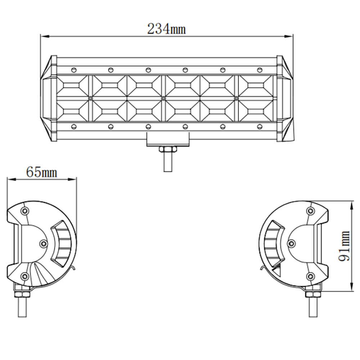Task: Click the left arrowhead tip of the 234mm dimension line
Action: (41, 36)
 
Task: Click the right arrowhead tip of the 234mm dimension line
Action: (293, 36)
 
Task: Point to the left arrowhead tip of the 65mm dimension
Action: (7, 179)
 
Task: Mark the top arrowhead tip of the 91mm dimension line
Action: (351, 201)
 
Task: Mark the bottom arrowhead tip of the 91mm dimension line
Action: (351, 292)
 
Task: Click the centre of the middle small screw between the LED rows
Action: (163, 99)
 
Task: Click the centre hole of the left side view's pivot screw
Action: (43, 243)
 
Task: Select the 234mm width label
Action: (166, 29)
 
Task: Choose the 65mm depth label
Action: (41, 172)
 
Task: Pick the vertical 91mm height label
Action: (344, 246)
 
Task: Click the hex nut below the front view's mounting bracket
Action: (168, 149)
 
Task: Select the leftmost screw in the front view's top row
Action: (74, 70)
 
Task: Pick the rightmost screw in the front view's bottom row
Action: (260, 126)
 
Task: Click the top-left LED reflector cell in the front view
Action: (72, 86)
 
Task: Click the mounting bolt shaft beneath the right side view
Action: (313, 307)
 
